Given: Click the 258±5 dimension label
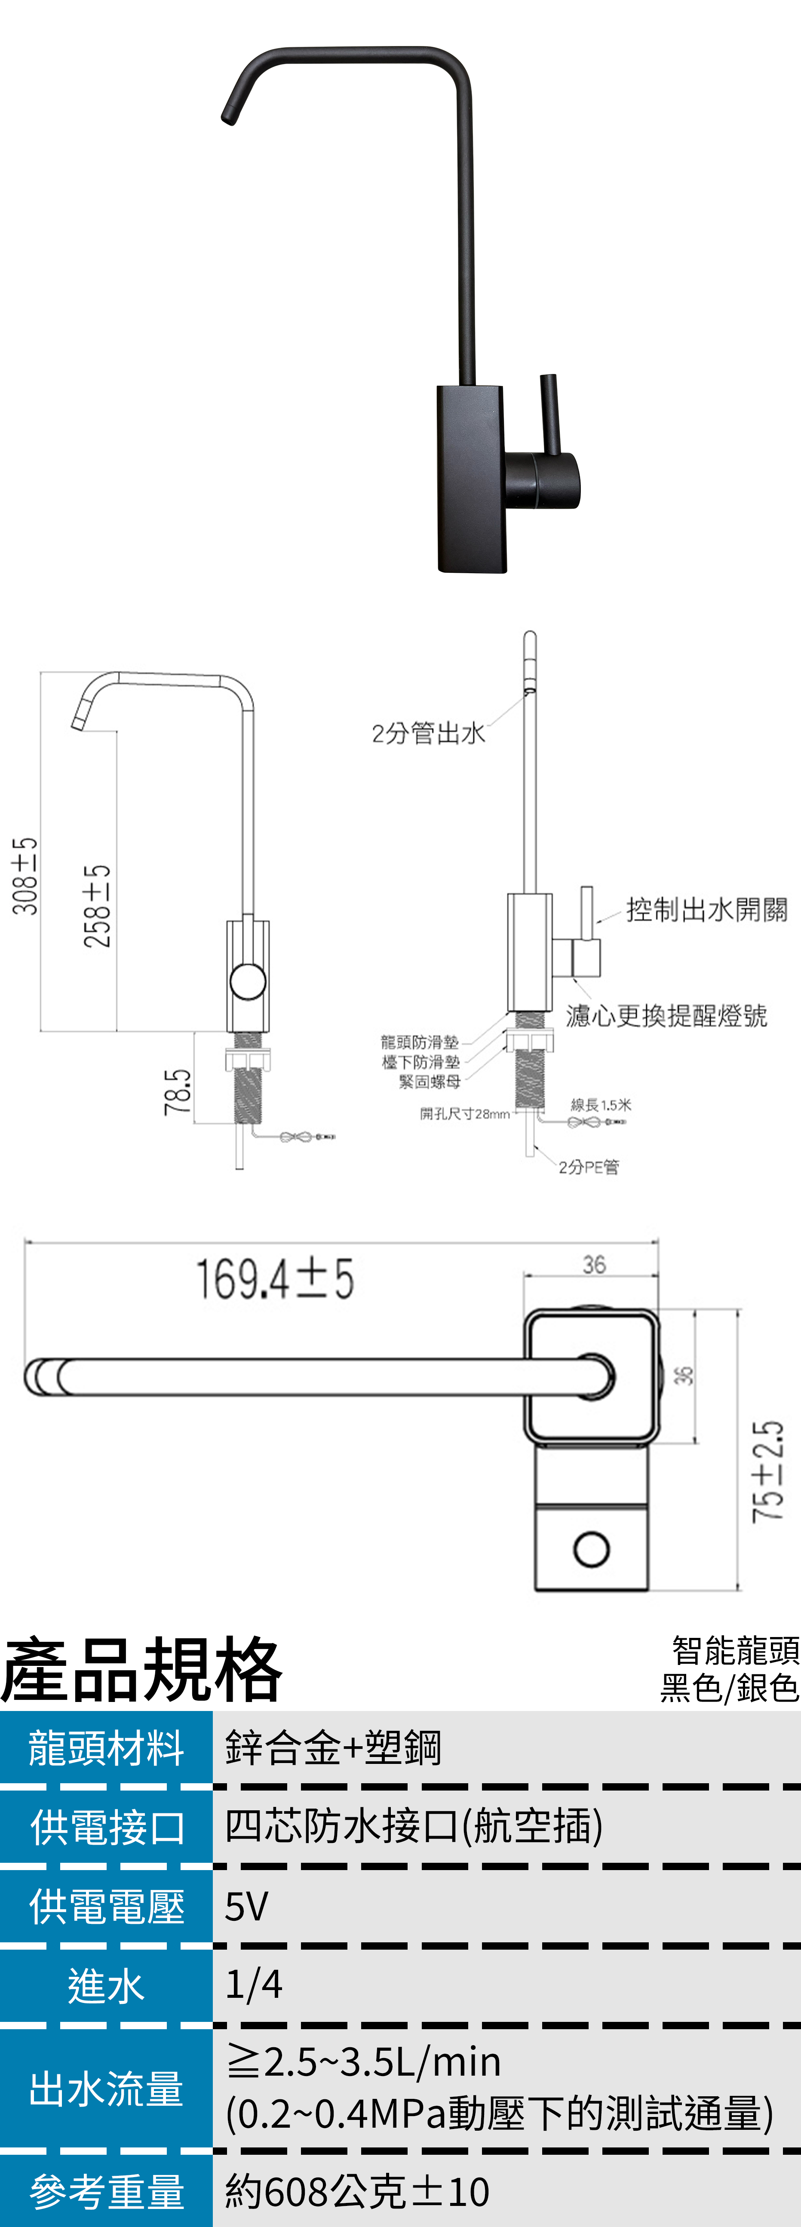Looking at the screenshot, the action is point(97,906).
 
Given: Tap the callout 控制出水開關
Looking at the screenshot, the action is point(707,909).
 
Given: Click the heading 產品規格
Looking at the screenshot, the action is point(142,1669).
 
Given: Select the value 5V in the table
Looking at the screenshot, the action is point(246,1906).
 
